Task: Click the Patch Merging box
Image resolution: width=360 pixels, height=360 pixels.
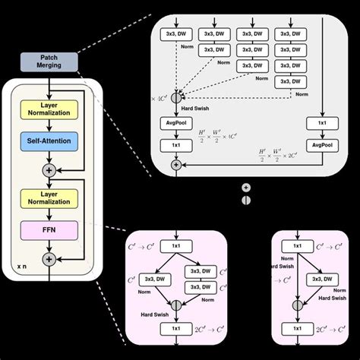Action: click(x=49, y=62)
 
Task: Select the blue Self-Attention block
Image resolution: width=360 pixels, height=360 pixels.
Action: click(x=49, y=141)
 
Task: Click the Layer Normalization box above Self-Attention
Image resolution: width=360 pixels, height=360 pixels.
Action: click(x=49, y=108)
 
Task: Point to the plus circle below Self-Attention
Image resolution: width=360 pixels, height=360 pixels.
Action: click(x=49, y=169)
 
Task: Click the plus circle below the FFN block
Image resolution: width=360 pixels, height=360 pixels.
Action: click(x=49, y=258)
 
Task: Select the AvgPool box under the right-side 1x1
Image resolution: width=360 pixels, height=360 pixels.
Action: click(x=321, y=143)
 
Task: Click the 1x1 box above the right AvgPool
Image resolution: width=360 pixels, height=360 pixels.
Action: click(x=321, y=123)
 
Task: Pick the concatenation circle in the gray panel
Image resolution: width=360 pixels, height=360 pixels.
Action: click(x=176, y=97)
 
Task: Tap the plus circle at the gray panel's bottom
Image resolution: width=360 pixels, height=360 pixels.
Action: click(x=176, y=163)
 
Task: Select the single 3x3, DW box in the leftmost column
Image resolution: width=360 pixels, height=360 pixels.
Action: click(x=176, y=33)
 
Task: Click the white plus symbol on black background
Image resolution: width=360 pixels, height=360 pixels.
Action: click(x=245, y=187)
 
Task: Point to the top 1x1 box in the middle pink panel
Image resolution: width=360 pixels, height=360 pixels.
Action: click(x=176, y=247)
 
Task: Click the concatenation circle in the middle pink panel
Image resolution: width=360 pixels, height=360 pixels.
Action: click(x=176, y=304)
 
